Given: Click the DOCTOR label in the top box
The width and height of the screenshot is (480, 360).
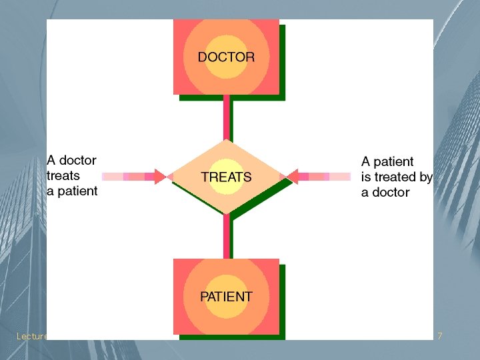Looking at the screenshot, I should point(226,57).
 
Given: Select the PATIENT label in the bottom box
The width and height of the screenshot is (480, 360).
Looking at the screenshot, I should point(226,296).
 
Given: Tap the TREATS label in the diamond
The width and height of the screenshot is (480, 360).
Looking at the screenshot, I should point(227,177).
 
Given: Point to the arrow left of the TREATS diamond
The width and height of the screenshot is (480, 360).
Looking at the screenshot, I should point(133,177).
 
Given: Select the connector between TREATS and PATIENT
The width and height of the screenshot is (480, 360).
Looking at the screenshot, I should point(227,236).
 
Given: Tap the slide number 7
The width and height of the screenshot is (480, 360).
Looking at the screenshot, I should point(439,336).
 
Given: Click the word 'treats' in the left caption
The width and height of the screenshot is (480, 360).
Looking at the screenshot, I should point(63,175).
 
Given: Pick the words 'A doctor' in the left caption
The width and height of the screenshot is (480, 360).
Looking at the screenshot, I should point(71,160).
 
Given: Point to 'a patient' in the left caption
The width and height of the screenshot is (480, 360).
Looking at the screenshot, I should point(72,191).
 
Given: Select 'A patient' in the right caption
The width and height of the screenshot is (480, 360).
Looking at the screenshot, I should point(387,161).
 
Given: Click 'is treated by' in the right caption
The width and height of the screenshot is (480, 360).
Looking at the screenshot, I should point(397,177).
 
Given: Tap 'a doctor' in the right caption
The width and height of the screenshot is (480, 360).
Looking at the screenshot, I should point(385,192).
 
